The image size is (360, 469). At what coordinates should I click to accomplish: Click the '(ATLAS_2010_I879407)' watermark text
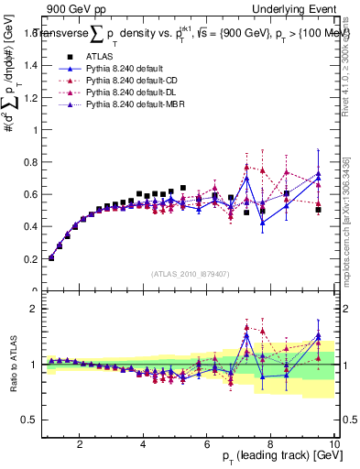[x=191, y=273]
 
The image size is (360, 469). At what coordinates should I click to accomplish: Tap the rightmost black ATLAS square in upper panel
[x=318, y=210]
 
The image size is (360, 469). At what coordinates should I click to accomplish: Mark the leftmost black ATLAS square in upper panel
[x=51, y=257]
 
